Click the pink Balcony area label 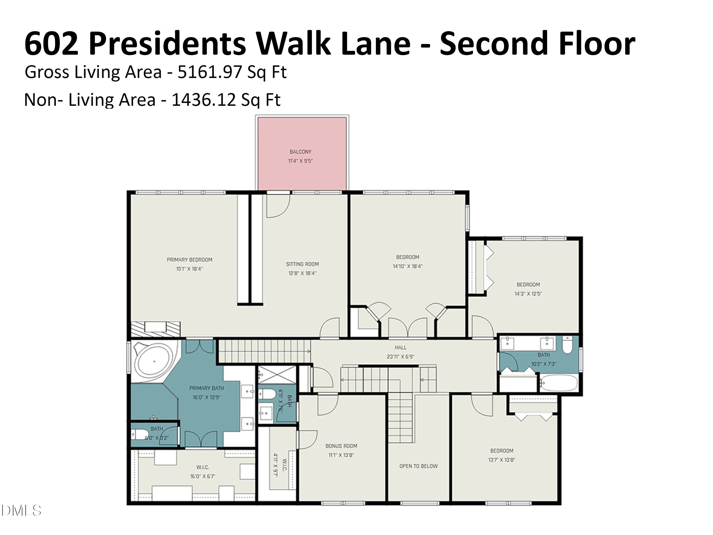pyautogui.click(x=300, y=151)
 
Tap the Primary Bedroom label pyautogui.click(x=189, y=260)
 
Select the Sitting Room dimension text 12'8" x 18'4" pyautogui.click(x=302, y=273)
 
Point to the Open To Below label pyautogui.click(x=418, y=466)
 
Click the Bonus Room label pyautogui.click(x=341, y=446)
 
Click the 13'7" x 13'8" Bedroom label pyautogui.click(x=501, y=451)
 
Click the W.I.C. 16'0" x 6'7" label pyautogui.click(x=202, y=467)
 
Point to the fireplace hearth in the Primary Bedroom pyautogui.click(x=155, y=329)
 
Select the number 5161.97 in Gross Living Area pyautogui.click(x=210, y=72)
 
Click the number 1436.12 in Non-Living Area pyautogui.click(x=204, y=100)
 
